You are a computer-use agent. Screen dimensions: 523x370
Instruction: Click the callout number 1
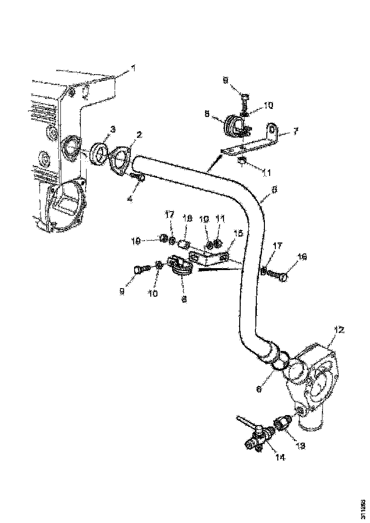pos(133,68)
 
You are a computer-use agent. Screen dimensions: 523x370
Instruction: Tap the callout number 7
pos(296,130)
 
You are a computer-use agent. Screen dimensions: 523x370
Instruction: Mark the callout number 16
pos(302,257)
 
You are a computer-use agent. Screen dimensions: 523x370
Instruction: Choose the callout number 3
pos(112,129)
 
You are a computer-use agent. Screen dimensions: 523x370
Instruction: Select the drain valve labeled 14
pos(257,434)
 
